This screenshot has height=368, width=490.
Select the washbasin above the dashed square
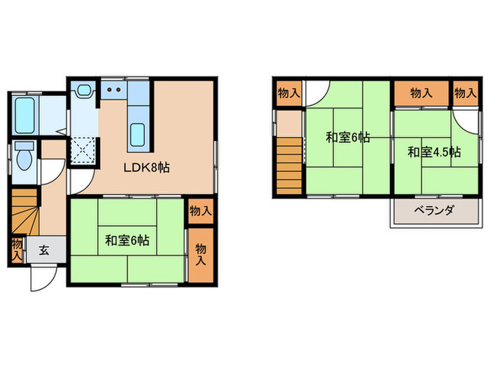[85, 90]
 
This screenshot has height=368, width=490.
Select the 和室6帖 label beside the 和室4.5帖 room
[347, 138]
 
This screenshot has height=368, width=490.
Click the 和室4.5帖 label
[434, 151]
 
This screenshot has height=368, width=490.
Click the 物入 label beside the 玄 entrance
[16, 250]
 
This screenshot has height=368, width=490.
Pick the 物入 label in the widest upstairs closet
[420, 93]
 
